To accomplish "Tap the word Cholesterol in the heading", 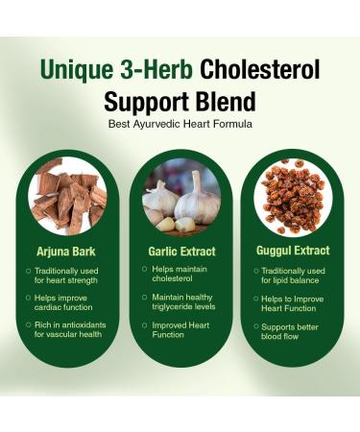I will tap(260, 71).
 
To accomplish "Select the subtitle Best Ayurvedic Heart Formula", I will tap(180, 124).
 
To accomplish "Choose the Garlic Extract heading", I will tap(180, 252).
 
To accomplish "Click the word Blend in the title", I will tap(224, 101).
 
